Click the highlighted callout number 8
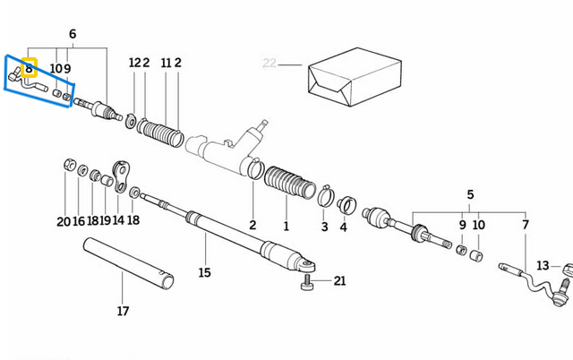coord(29,67)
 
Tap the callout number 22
coord(269,63)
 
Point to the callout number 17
coord(123,311)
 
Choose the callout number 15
coord(205,272)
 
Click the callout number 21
coord(339,281)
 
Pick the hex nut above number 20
coord(68,165)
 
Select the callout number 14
coord(118,220)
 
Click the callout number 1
coord(286,226)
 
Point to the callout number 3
coord(325,227)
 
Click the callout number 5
coord(470,194)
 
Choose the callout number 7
coord(526,225)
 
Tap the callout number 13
coord(543,266)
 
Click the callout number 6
coord(73,34)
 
